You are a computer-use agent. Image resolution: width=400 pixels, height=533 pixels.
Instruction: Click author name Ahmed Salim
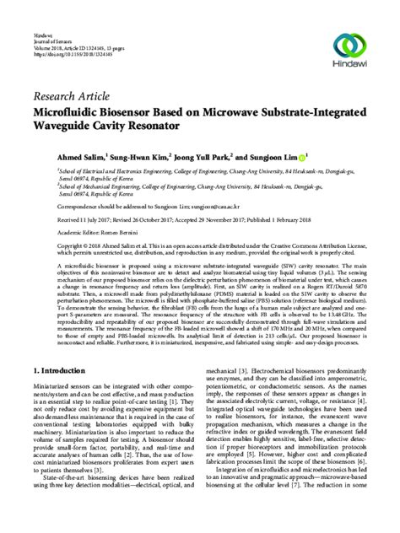(x=57, y=157)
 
